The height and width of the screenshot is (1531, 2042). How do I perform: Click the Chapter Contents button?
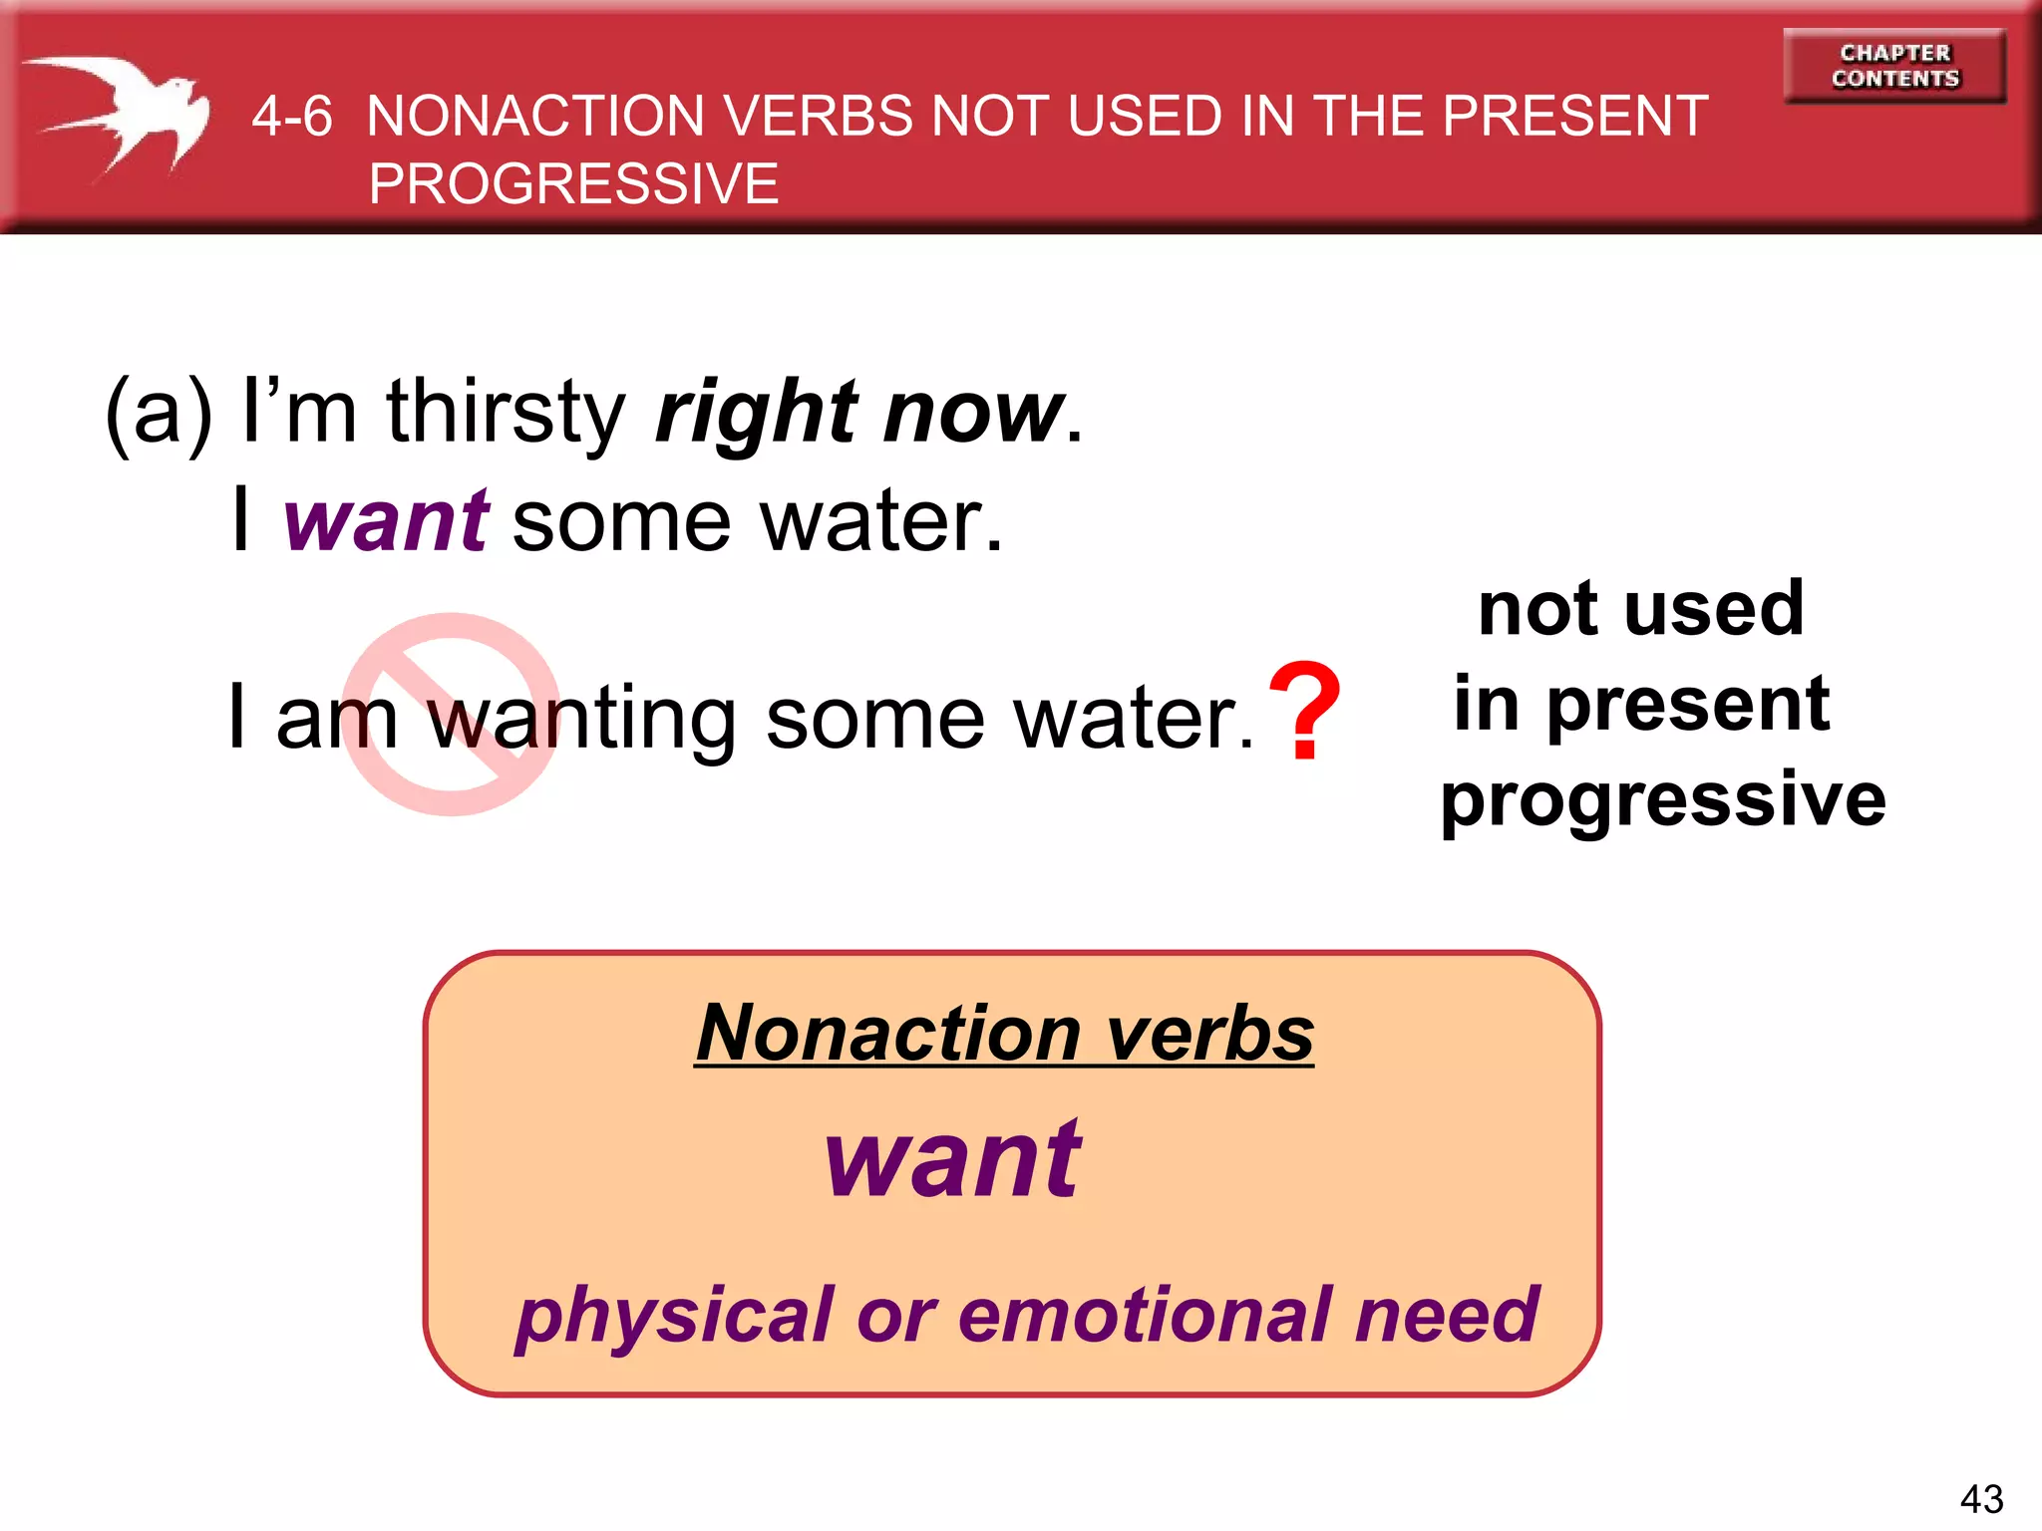tap(1894, 66)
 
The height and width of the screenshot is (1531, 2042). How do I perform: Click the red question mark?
tap(1304, 710)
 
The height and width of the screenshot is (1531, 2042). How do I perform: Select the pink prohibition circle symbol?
tap(451, 714)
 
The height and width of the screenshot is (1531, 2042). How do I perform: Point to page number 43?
tap(1981, 1499)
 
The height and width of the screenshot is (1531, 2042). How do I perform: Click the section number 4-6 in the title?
tap(291, 117)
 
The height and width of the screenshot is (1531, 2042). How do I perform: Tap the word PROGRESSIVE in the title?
tap(573, 184)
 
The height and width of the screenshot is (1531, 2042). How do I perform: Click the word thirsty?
tap(506, 412)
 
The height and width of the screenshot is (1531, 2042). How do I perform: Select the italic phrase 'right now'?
tap(859, 412)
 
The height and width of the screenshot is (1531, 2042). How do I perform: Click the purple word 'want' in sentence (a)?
tap(386, 520)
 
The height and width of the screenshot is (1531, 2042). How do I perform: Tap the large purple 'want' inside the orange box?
tap(952, 1159)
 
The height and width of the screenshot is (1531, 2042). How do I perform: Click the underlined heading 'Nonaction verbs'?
tap(1004, 1034)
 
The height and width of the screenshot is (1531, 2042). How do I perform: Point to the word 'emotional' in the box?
tap(1143, 1315)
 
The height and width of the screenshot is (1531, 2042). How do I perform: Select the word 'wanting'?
tap(582, 720)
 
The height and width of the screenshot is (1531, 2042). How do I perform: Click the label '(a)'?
tap(160, 412)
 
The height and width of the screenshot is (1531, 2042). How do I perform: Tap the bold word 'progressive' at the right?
tap(1663, 800)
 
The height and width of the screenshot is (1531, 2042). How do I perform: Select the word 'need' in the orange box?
tap(1447, 1315)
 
